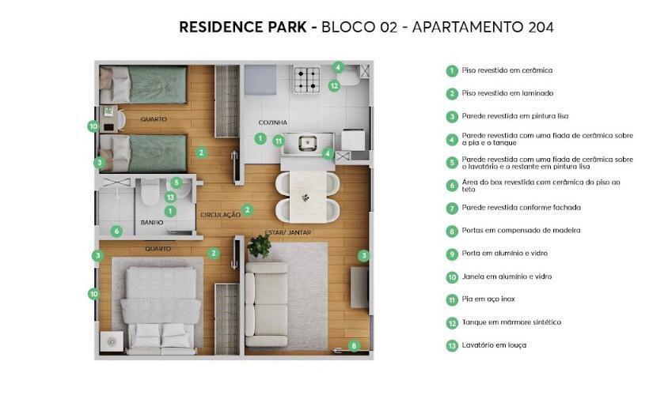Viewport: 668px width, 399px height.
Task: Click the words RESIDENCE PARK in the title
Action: (x=242, y=27)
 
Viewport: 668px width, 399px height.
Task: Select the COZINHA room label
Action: (x=272, y=122)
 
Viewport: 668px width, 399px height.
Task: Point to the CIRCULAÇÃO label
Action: (x=220, y=215)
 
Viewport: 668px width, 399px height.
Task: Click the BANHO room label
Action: (x=152, y=223)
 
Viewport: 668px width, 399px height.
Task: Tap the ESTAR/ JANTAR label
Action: (x=288, y=232)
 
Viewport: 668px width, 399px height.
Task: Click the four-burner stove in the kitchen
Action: (x=307, y=80)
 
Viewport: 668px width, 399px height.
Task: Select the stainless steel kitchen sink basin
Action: (x=307, y=143)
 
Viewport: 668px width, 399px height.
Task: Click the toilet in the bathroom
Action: (x=150, y=193)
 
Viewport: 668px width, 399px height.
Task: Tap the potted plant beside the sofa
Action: (x=259, y=246)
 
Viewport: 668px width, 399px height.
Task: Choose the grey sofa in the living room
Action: (x=266, y=304)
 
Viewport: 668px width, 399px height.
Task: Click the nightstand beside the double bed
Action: (x=112, y=341)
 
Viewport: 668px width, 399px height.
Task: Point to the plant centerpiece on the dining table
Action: (x=306, y=198)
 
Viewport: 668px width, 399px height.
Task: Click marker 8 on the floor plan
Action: (x=354, y=346)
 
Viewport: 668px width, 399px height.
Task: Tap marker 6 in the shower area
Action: (x=116, y=231)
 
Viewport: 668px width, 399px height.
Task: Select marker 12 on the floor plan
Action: (x=334, y=86)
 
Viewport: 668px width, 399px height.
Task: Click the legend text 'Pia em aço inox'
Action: (x=488, y=299)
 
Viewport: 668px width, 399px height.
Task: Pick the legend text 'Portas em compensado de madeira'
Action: (x=521, y=230)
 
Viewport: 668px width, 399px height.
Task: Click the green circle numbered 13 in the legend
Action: (x=452, y=346)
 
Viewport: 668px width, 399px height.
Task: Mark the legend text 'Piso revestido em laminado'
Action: (x=507, y=93)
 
